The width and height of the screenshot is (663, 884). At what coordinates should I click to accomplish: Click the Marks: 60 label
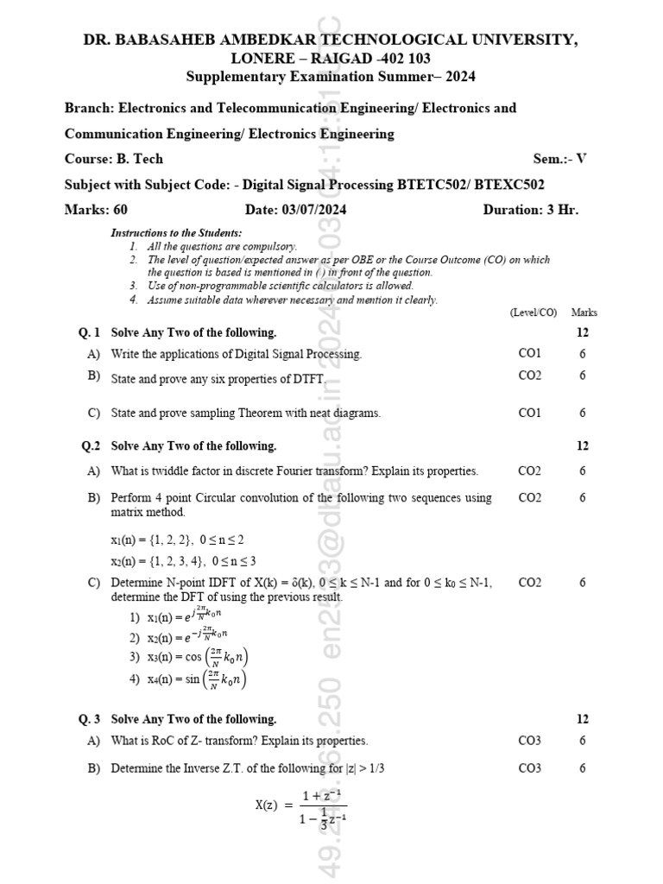click(96, 210)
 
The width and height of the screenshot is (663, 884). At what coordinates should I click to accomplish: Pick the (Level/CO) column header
click(534, 313)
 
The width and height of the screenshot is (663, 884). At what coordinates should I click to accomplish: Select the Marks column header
click(584, 313)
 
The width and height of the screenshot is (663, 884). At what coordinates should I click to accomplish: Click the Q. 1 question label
click(90, 332)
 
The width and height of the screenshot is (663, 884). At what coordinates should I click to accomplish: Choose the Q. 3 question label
click(90, 719)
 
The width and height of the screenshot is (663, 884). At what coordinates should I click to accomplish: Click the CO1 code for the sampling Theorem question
click(529, 413)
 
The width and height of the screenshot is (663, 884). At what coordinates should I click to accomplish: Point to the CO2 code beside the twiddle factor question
click(529, 470)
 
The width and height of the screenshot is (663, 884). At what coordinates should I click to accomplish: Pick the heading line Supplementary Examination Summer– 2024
click(331, 77)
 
